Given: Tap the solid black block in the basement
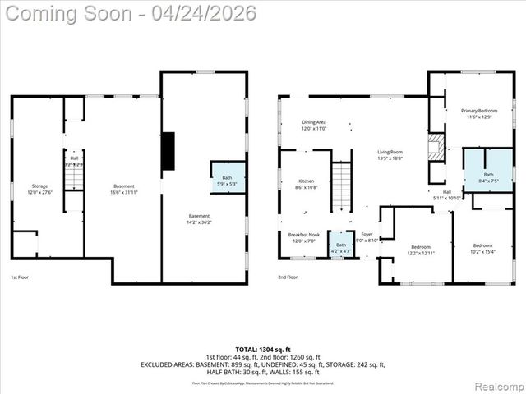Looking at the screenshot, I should point(168,151).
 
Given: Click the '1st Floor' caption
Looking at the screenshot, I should point(21,277).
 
